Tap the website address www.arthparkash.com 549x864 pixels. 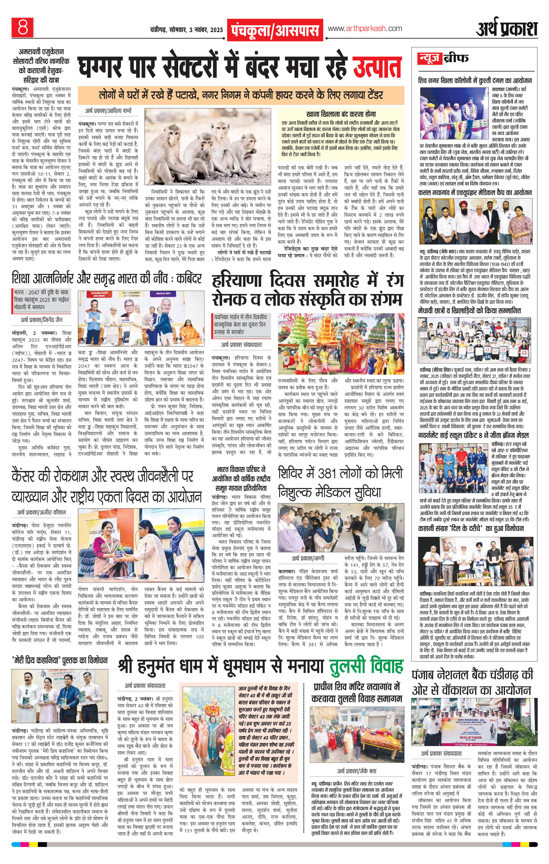point(364,28)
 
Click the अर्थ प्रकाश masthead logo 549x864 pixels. point(507,29)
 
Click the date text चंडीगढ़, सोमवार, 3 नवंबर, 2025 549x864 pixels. point(186,29)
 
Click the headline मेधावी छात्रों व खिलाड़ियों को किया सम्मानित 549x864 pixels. point(469,310)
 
